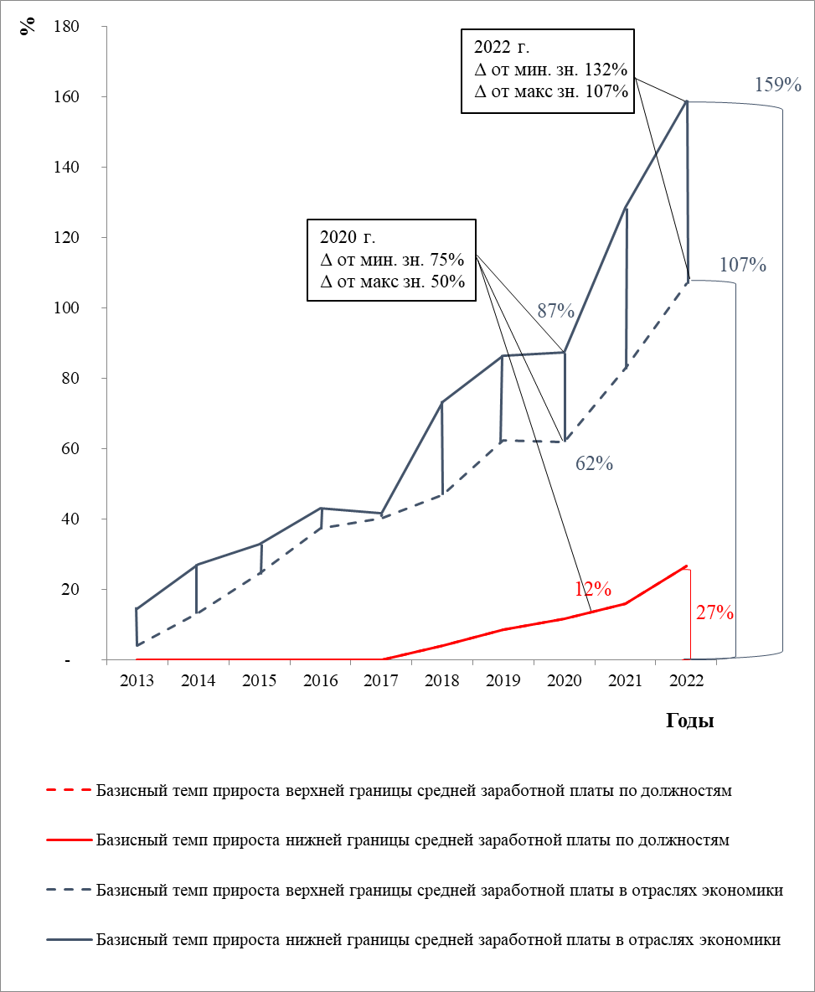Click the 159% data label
tap(778, 85)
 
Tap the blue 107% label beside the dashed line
tap(743, 266)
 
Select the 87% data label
tap(555, 313)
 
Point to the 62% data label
tap(595, 463)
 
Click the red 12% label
tap(592, 589)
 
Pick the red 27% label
tap(714, 613)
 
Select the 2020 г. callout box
tap(390, 259)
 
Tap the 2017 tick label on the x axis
tap(381, 681)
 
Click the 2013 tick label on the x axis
tap(137, 681)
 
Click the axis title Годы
tap(690, 721)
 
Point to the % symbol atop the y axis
tap(30, 23)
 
